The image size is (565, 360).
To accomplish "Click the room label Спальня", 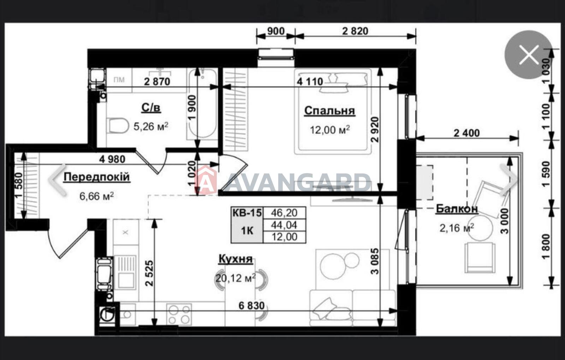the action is point(330,111).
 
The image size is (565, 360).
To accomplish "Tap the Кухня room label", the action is point(236,259).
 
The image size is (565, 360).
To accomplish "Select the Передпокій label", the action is point(97,177).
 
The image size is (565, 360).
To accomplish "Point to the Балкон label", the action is point(457,209).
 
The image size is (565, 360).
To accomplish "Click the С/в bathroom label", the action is point(151,108).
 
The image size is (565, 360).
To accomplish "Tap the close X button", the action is point(529,55).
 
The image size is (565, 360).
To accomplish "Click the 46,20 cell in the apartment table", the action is point(284,213).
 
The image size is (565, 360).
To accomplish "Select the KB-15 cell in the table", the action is point(247,213).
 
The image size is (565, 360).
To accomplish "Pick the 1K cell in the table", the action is point(247,231).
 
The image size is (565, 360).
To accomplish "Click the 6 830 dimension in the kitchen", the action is point(251,306).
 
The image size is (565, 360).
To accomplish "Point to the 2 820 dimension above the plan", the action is point(355,31).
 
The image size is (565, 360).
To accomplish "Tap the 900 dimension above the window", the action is point(276,31).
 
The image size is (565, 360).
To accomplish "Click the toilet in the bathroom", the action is point(117,125).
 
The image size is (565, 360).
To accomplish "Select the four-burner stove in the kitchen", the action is point(179,314).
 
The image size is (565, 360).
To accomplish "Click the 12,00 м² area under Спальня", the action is point(330,130).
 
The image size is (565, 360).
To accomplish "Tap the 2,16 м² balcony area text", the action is point(457,228).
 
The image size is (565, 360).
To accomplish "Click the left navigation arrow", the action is point(58,180).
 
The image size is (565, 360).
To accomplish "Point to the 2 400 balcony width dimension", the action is point(466,133).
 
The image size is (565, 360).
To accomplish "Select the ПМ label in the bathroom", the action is point(119,80).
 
